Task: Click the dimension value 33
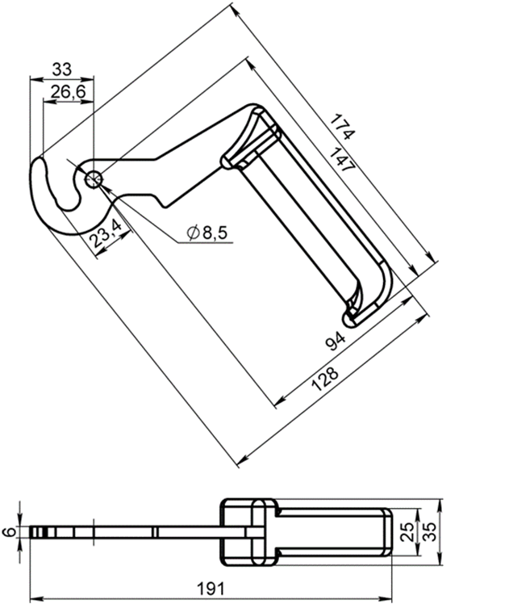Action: pyautogui.click(x=62, y=69)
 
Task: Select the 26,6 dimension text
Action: pyautogui.click(x=68, y=92)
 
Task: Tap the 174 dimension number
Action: pyautogui.click(x=342, y=127)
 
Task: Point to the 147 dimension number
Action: pyautogui.click(x=342, y=160)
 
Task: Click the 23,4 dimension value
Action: pyautogui.click(x=106, y=233)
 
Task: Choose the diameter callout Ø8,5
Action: pyautogui.click(x=207, y=233)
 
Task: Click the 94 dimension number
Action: pyautogui.click(x=336, y=341)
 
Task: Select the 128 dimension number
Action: pyautogui.click(x=325, y=379)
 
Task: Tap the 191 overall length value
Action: pyautogui.click(x=211, y=589)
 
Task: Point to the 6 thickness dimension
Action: pyautogui.click(x=10, y=531)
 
